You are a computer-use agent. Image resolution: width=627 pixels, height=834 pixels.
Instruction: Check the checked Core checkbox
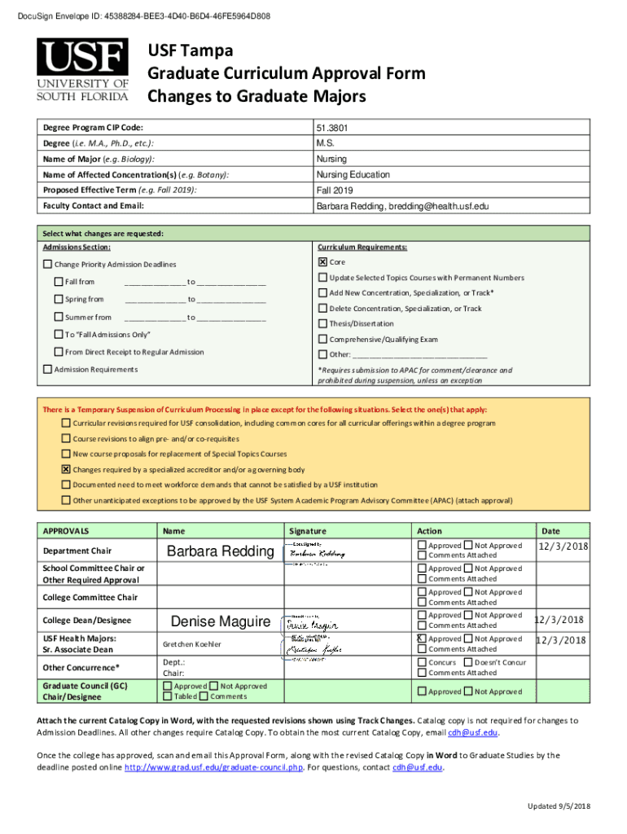click(322, 261)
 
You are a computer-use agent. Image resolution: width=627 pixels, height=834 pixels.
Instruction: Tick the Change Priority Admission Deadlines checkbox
click(47, 265)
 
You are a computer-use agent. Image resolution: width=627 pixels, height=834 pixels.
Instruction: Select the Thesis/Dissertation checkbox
click(322, 323)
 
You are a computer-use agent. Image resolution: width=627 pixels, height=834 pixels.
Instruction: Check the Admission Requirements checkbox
click(47, 370)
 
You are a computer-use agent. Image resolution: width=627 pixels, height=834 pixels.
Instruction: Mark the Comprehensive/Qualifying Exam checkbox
click(322, 339)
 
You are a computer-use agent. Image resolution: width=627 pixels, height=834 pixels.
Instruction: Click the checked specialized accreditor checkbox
click(66, 469)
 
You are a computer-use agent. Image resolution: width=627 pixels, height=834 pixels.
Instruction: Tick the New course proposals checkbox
click(66, 454)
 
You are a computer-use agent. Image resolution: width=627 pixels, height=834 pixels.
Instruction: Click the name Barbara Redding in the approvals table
click(220, 551)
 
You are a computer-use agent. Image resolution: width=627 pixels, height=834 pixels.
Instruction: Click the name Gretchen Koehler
click(191, 644)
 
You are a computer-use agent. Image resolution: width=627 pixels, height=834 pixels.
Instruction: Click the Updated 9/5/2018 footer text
click(558, 805)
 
